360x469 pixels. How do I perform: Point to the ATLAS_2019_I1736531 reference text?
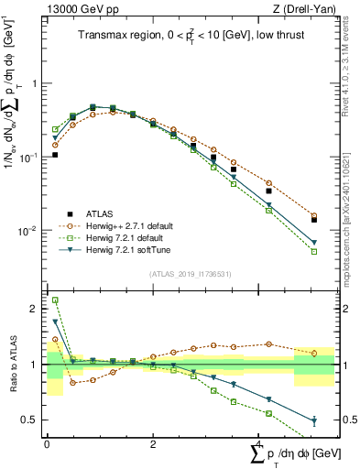pos(190,275)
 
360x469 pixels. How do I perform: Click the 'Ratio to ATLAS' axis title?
pos(12,365)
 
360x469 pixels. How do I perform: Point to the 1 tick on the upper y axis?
pos(36,83)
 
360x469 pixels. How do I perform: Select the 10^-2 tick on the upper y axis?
pos(32,231)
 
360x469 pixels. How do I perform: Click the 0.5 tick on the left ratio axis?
pos(34,420)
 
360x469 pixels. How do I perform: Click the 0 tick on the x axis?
pos(47,444)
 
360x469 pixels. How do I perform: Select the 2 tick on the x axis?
pos(153,444)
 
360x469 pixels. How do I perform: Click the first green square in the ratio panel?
pos(55,300)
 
